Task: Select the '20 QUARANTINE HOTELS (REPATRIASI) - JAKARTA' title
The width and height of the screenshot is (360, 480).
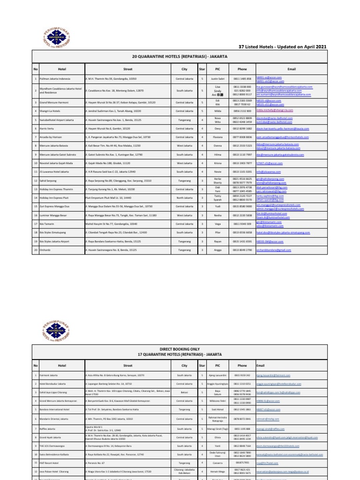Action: (180, 56)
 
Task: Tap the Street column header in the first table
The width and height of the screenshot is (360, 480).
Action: (127, 68)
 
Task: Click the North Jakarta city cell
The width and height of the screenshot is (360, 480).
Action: (184, 198)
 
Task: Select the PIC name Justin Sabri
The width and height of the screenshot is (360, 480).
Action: (218, 79)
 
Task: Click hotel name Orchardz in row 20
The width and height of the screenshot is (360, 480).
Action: (45, 250)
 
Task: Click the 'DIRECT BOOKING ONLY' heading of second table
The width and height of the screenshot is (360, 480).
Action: (180, 349)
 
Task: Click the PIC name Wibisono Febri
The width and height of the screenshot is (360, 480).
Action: (217, 401)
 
